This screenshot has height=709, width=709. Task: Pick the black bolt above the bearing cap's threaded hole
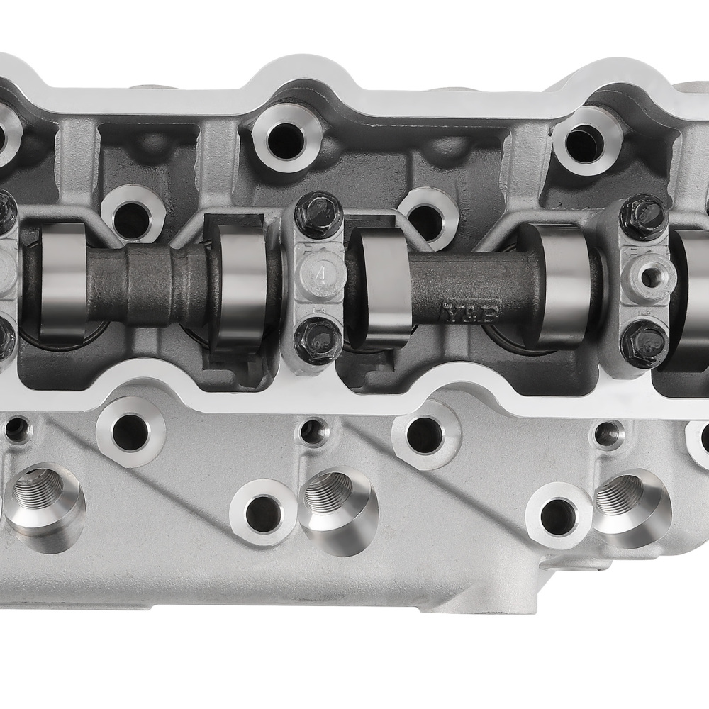(642, 217)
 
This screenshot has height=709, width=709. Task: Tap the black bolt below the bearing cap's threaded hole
(642, 344)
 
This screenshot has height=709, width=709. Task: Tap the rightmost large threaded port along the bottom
(627, 503)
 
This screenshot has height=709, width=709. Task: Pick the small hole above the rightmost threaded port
(608, 434)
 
